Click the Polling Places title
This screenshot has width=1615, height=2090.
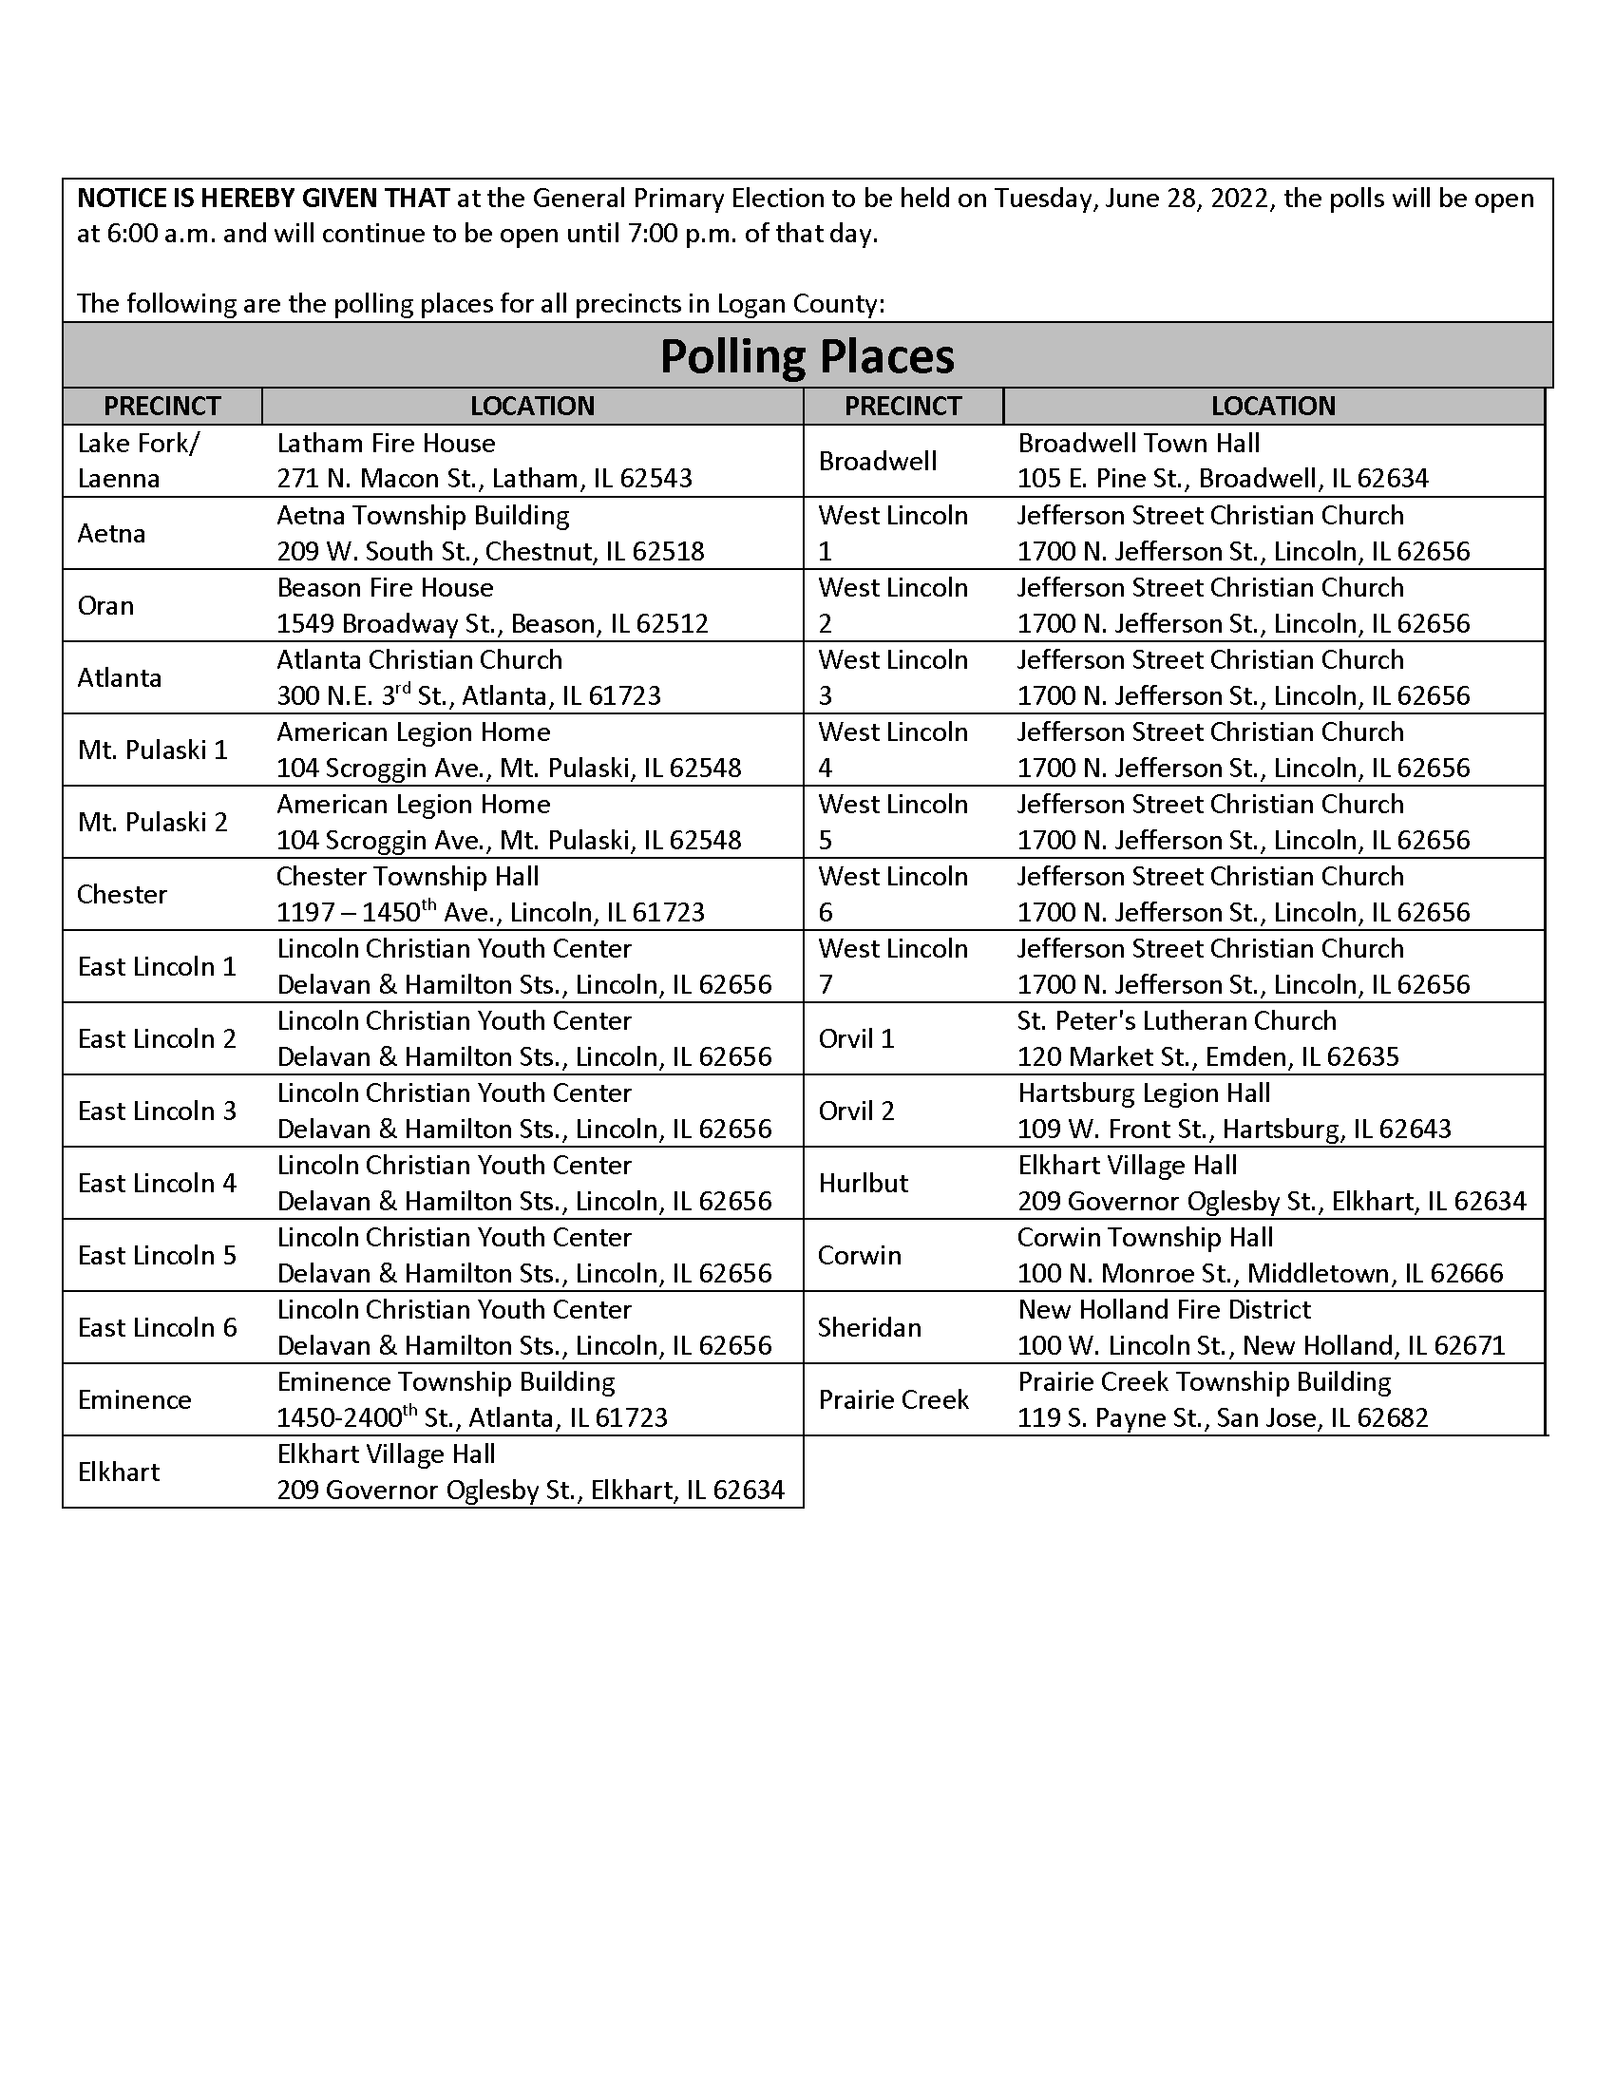(x=807, y=357)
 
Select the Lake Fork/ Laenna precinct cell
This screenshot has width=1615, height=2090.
(x=139, y=461)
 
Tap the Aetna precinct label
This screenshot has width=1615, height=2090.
(x=112, y=533)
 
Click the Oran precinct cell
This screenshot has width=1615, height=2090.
(x=105, y=606)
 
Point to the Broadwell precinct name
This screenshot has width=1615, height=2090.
(x=878, y=462)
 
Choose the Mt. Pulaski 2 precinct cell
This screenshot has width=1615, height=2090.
(x=153, y=822)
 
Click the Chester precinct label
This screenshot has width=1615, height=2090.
(x=122, y=894)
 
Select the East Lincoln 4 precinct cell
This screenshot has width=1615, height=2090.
(x=157, y=1183)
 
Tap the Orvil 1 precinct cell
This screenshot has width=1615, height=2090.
(x=856, y=1038)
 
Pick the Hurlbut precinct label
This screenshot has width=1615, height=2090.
(x=863, y=1183)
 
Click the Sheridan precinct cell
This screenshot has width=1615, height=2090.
(x=869, y=1327)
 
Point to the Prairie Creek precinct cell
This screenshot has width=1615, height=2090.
(x=894, y=1399)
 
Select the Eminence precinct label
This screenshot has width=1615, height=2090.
(x=135, y=1399)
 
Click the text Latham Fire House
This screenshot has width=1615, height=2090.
(x=386, y=443)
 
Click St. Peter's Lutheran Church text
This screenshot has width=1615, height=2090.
(x=1176, y=1021)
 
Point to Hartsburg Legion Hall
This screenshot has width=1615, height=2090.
(x=1143, y=1092)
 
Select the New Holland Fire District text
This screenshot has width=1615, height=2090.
(x=1164, y=1309)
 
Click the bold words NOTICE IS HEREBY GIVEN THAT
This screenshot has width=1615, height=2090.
(x=263, y=199)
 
